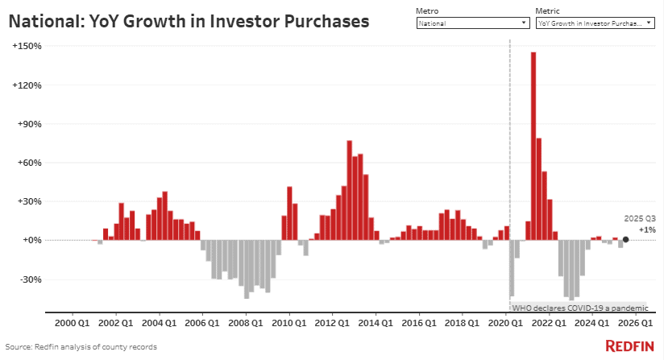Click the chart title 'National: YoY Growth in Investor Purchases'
[x=189, y=22]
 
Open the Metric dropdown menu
[x=594, y=23]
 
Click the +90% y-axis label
[x=29, y=124]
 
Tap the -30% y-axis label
[x=30, y=279]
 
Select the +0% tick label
[x=31, y=240]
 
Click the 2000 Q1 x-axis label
[x=73, y=323]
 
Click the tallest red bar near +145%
[x=533, y=145]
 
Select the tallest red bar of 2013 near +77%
[x=350, y=190]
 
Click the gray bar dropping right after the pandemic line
[x=512, y=267]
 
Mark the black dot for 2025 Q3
[x=625, y=239]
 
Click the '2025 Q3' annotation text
[x=640, y=218]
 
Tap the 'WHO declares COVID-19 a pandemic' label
[x=579, y=308]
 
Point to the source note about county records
[x=82, y=346]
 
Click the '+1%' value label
[x=646, y=230]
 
